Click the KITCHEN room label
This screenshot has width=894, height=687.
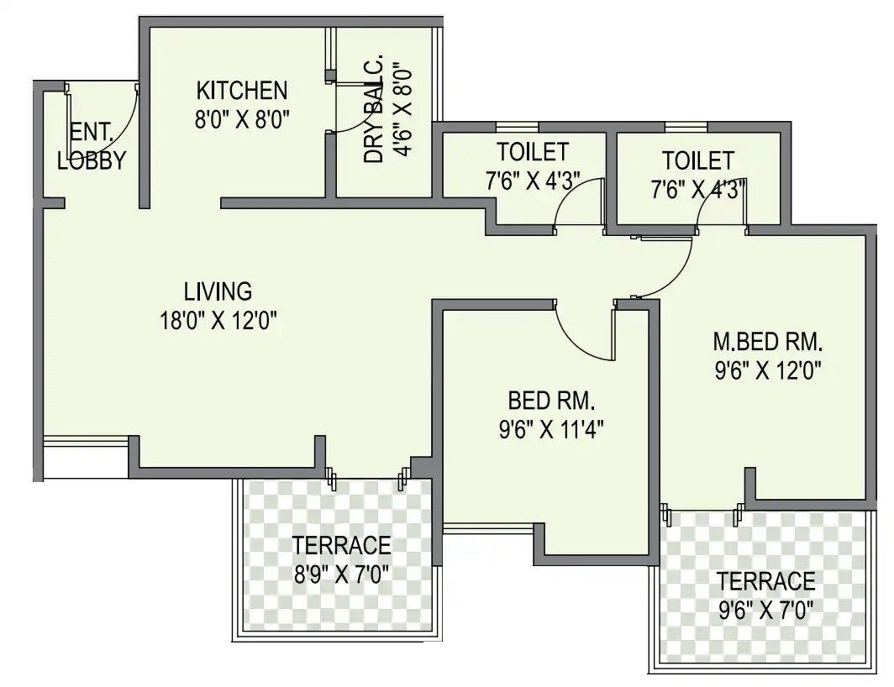pyautogui.click(x=242, y=90)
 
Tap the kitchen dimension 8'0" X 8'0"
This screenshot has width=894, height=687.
pyautogui.click(x=242, y=118)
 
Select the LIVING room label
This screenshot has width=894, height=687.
pyautogui.click(x=218, y=291)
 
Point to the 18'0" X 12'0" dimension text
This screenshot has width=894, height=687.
pyautogui.click(x=218, y=320)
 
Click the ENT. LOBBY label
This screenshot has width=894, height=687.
pyautogui.click(x=91, y=146)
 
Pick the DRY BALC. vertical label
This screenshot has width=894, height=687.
pyautogui.click(x=375, y=110)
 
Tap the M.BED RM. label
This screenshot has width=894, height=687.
pyautogui.click(x=768, y=342)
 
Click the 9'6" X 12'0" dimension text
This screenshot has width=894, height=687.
pyautogui.click(x=768, y=370)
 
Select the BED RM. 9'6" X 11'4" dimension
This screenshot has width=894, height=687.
pyautogui.click(x=551, y=429)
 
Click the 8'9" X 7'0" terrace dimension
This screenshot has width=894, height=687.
pyautogui.click(x=341, y=574)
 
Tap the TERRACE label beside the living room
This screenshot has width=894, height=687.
pyautogui.click(x=341, y=546)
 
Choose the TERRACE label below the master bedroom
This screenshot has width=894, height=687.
pyautogui.click(x=765, y=581)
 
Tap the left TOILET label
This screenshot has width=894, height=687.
pyautogui.click(x=532, y=152)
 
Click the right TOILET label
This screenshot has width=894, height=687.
pyautogui.click(x=697, y=160)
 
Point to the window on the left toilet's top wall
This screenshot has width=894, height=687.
pyautogui.click(x=517, y=127)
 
